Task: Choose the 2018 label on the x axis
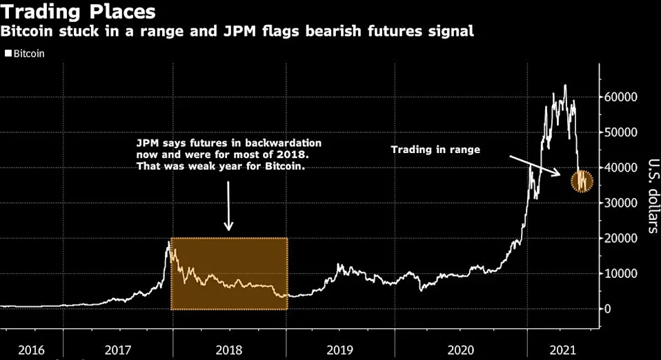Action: (230, 350)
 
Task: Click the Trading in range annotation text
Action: (436, 149)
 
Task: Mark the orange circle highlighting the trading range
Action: (584, 181)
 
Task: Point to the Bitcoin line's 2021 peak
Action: (565, 86)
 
